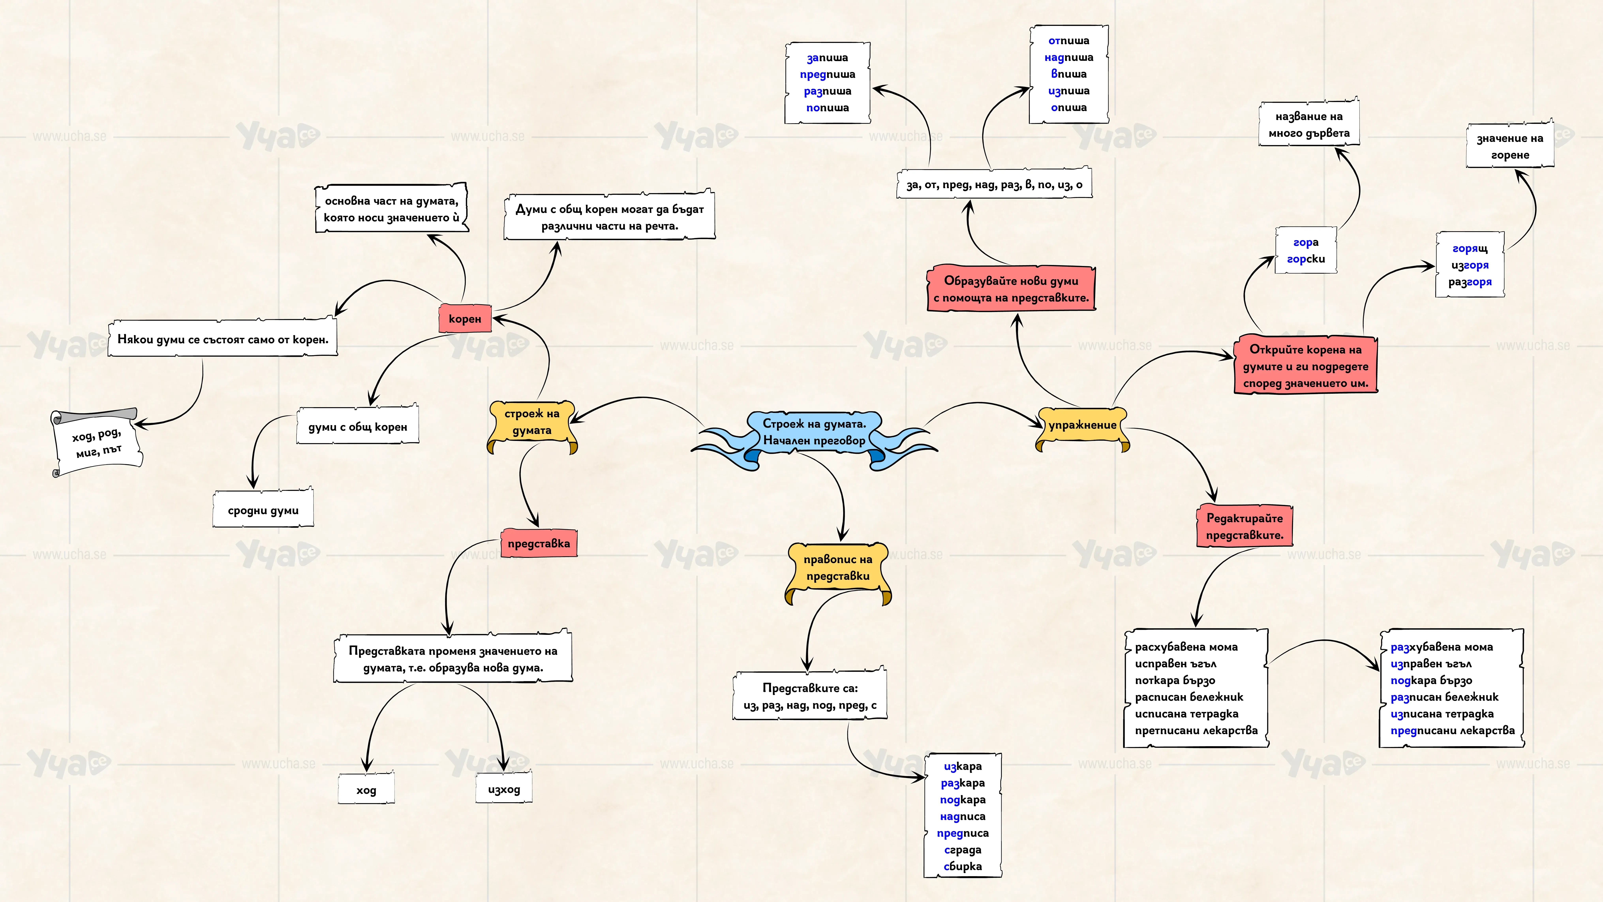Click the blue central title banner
814,436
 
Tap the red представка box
539,543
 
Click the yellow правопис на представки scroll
838,571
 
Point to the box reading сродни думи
263,510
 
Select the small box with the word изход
504,789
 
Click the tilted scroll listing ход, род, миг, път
97,442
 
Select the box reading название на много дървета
1309,125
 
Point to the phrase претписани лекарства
1196,730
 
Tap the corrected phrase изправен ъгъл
1431,664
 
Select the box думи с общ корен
358,426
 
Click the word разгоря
1470,282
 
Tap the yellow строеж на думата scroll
532,425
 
